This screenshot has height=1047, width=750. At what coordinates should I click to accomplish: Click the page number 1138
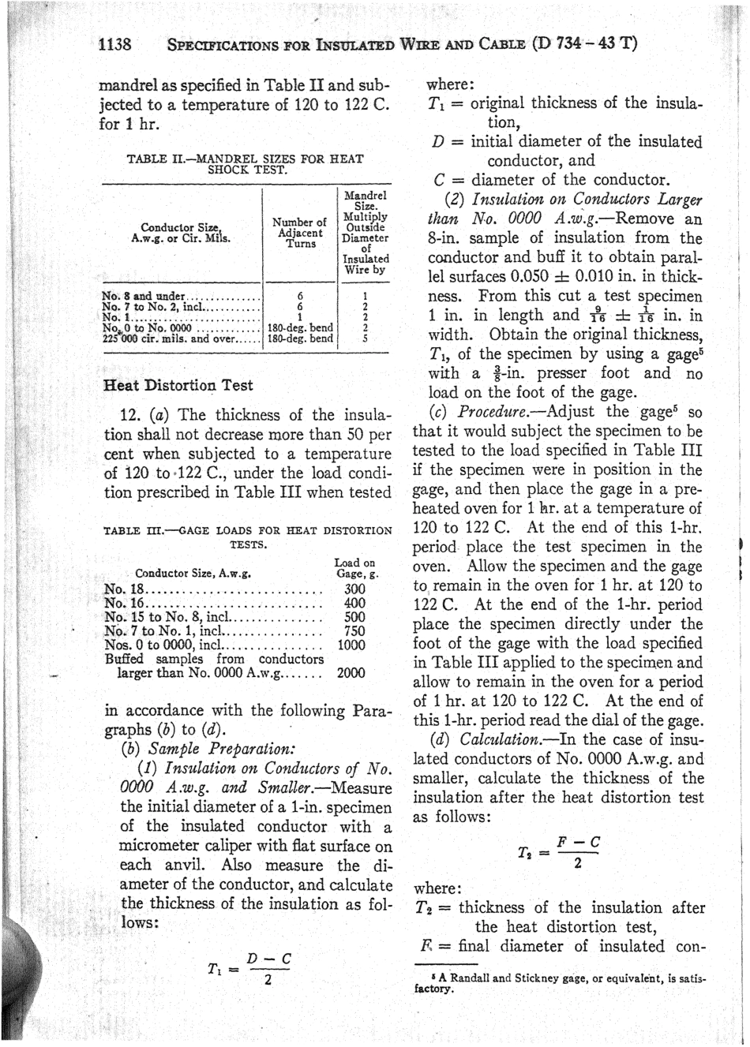click(x=114, y=43)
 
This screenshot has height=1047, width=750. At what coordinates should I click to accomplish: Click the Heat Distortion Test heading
click(x=178, y=385)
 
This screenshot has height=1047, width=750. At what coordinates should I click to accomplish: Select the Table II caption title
click(x=246, y=163)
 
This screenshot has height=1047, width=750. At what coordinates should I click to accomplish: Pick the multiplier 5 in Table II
click(x=365, y=338)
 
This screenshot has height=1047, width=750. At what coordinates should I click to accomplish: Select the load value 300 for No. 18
click(x=354, y=589)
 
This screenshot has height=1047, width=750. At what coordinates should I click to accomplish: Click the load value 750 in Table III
click(x=354, y=630)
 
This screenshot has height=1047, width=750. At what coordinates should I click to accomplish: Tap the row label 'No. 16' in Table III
click(x=123, y=603)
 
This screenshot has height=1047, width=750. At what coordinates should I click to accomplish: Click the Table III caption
click(x=247, y=537)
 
